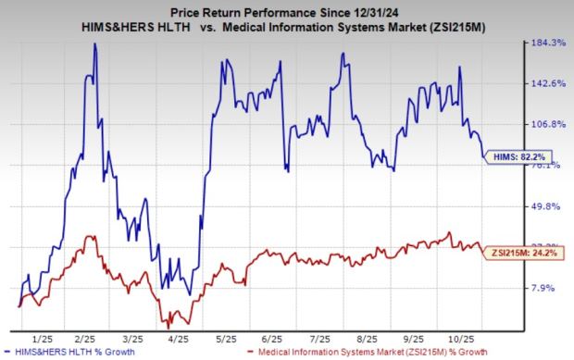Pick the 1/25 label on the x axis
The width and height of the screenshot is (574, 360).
[x=40, y=338]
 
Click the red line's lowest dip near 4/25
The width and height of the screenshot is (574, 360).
[x=168, y=327]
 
